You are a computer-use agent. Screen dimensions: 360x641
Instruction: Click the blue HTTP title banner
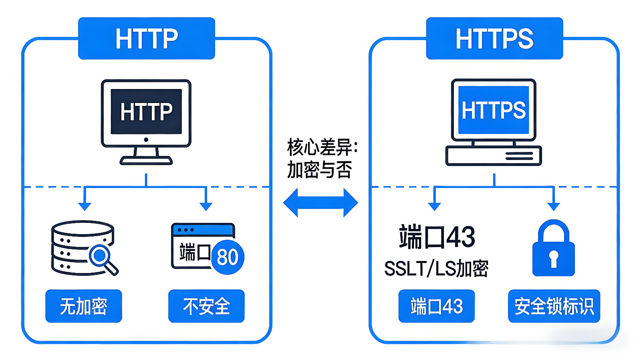pyautogui.click(x=146, y=38)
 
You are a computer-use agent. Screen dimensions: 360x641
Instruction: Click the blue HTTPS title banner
pyautogui.click(x=494, y=38)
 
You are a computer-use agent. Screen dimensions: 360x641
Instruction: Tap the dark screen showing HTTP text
pyautogui.click(x=146, y=111)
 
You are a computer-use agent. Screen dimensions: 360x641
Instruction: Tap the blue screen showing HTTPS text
pyautogui.click(x=494, y=110)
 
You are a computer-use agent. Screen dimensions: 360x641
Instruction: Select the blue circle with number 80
pyautogui.click(x=227, y=257)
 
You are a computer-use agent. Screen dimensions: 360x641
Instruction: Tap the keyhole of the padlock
pyautogui.click(x=554, y=258)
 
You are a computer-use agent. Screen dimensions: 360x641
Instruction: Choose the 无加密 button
pyautogui.click(x=83, y=306)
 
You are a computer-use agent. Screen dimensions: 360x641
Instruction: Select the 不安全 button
pyautogui.click(x=206, y=306)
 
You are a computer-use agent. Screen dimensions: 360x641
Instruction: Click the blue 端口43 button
pyautogui.click(x=436, y=306)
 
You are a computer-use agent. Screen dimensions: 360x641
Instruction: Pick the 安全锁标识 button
pyautogui.click(x=554, y=306)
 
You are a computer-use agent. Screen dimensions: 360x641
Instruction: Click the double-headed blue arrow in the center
pyautogui.click(x=320, y=202)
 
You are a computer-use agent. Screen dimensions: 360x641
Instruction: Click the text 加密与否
pyautogui.click(x=319, y=170)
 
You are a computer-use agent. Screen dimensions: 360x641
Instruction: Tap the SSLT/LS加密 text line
pyautogui.click(x=436, y=269)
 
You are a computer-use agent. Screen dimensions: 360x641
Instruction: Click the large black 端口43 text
pyautogui.click(x=437, y=237)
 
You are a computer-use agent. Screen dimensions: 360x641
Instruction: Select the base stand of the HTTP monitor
pyautogui.click(x=146, y=160)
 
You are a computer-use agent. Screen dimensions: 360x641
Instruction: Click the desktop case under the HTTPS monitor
pyautogui.click(x=494, y=156)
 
